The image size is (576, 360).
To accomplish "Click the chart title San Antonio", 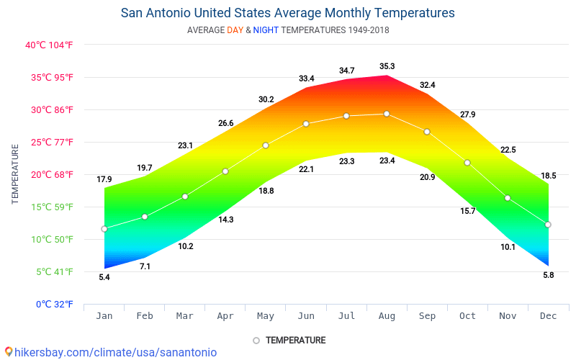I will (287, 13).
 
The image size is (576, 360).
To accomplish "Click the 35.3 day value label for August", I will (387, 67).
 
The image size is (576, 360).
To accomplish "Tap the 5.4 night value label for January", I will (104, 277).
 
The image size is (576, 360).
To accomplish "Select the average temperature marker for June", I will (306, 124).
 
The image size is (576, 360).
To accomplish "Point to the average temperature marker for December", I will (548, 225).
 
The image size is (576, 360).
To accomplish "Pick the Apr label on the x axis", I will (225, 315).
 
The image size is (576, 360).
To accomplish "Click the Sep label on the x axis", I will (427, 315).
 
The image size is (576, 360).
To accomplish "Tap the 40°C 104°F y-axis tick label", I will (50, 45).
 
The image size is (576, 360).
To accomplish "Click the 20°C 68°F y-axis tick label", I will (50, 174).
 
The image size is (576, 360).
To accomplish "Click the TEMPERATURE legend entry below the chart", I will (295, 340).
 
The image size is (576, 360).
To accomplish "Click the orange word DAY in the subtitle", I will (235, 30).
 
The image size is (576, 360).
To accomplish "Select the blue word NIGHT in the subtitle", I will (266, 30).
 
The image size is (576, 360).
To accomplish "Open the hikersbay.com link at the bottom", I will (111, 352).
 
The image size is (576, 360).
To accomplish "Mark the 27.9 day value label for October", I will (467, 114).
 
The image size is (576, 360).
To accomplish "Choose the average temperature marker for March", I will (185, 197).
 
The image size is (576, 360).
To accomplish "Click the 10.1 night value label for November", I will (508, 247).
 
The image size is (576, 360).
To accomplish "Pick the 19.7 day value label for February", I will (145, 168).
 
